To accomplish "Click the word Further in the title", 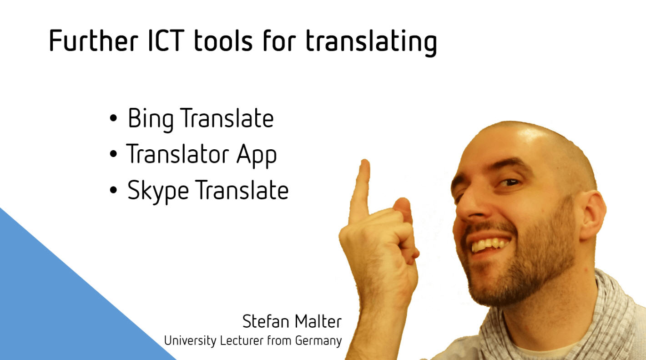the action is pos(93,41).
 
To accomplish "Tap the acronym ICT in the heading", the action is pos(167,41).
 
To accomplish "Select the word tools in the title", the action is pos(223,41).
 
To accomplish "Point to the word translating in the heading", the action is pos(371,42).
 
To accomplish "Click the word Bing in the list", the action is pos(151,119).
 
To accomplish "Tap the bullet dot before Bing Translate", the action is pos(113,118).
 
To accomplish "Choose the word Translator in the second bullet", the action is pos(177,154).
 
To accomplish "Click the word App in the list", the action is pos(257,156).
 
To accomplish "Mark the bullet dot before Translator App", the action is pos(113,154).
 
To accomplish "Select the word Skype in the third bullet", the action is pos(158,191).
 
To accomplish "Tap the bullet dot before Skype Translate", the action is pos(113,190).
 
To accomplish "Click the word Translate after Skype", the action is pos(242,189).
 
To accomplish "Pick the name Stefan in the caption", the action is pos(266,321).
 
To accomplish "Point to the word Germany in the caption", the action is pos(318,341).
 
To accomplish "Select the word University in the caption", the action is pos(190,341).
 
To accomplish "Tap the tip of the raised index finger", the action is pos(365,162).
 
